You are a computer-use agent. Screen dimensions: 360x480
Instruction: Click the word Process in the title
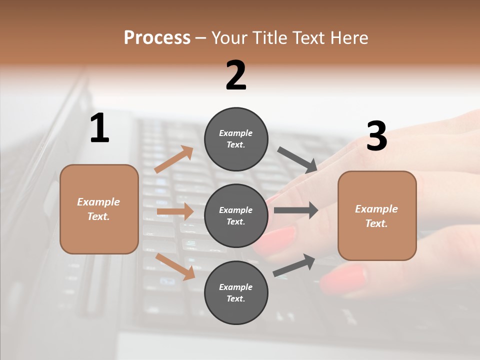[x=157, y=37]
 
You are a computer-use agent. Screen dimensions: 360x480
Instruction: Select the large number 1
[x=99, y=128]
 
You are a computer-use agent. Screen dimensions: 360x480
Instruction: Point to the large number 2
[x=236, y=75]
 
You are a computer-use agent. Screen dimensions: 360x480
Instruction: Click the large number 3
[x=376, y=136]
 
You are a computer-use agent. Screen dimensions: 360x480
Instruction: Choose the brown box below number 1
[x=99, y=209]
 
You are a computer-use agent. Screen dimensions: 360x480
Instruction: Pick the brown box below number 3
[x=377, y=216]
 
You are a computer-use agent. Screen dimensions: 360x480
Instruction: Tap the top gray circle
[x=236, y=139]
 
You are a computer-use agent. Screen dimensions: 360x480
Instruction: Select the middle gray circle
[x=236, y=216]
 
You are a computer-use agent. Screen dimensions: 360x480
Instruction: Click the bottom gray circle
[x=236, y=293]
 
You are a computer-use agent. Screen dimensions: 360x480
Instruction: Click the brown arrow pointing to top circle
[x=174, y=159]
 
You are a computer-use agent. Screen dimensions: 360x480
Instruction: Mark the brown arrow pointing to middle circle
[x=175, y=211]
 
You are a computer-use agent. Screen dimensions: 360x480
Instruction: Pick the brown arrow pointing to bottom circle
[x=175, y=266]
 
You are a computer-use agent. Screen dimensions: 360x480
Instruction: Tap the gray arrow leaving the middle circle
[x=296, y=210]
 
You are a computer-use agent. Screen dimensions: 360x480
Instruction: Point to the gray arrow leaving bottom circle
[x=294, y=265]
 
